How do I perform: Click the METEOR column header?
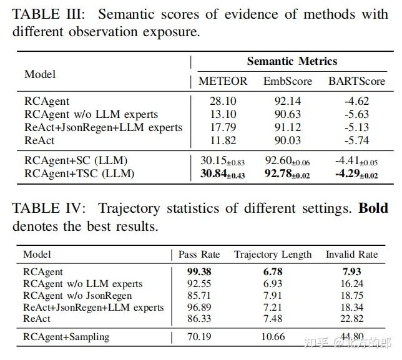[x=223, y=81]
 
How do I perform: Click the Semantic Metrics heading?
[x=292, y=61]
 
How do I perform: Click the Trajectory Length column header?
[x=273, y=255]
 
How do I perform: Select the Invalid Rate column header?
[x=351, y=255]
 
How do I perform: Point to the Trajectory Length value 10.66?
[x=272, y=337]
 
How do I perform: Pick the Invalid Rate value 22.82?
[x=351, y=319]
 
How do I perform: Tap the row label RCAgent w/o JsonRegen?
[x=77, y=295]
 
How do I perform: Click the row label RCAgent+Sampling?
[x=66, y=337]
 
